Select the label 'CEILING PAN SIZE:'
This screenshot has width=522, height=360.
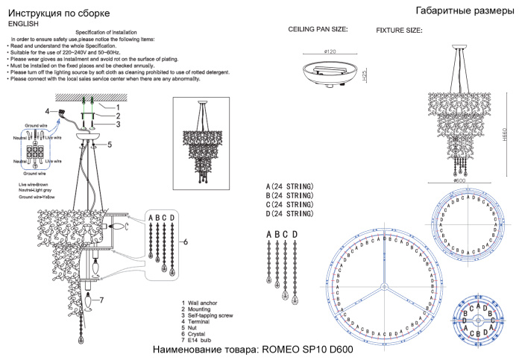click(x=318, y=29)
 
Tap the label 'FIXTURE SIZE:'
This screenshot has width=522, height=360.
click(x=399, y=31)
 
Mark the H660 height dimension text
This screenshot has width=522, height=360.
click(x=505, y=128)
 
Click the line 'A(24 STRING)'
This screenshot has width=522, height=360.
click(x=289, y=186)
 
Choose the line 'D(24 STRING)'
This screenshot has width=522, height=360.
click(x=289, y=215)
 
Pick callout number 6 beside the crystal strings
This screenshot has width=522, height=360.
click(x=186, y=242)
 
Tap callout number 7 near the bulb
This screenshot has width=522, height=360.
click(x=101, y=300)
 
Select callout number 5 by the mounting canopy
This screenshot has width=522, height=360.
click(x=109, y=145)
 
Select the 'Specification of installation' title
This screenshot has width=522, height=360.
click(x=116, y=33)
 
